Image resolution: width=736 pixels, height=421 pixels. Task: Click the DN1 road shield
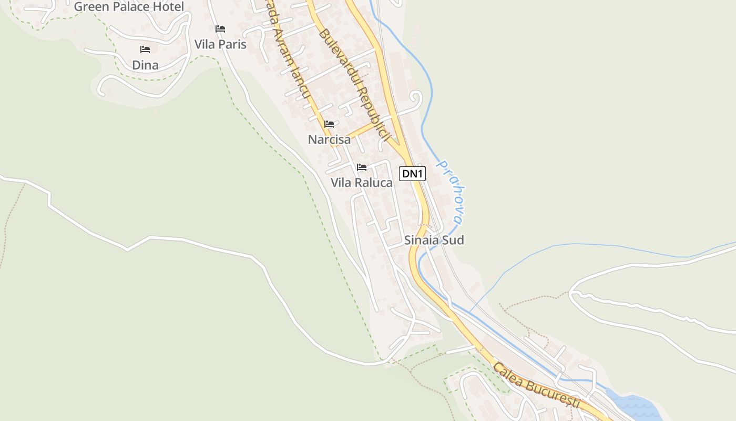[x=412, y=174]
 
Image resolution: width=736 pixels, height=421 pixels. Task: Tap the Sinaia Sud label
[x=434, y=240]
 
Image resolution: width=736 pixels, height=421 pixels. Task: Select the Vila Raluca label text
[x=361, y=183]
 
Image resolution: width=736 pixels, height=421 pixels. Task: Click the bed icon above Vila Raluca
[x=361, y=167]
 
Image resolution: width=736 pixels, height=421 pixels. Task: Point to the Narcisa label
[x=329, y=139]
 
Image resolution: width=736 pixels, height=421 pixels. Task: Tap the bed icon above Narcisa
[x=329, y=124]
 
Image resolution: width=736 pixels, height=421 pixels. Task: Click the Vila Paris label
[x=220, y=44]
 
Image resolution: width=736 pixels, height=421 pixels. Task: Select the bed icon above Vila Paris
[x=220, y=28]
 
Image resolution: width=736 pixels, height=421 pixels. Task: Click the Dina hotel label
[x=145, y=65]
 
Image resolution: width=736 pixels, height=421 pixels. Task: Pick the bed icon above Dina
[x=145, y=49]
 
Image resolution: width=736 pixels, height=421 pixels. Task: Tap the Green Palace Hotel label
[x=129, y=7]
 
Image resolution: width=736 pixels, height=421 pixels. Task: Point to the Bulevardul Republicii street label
[x=355, y=84]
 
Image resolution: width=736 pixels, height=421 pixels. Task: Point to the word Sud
[x=453, y=240]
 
